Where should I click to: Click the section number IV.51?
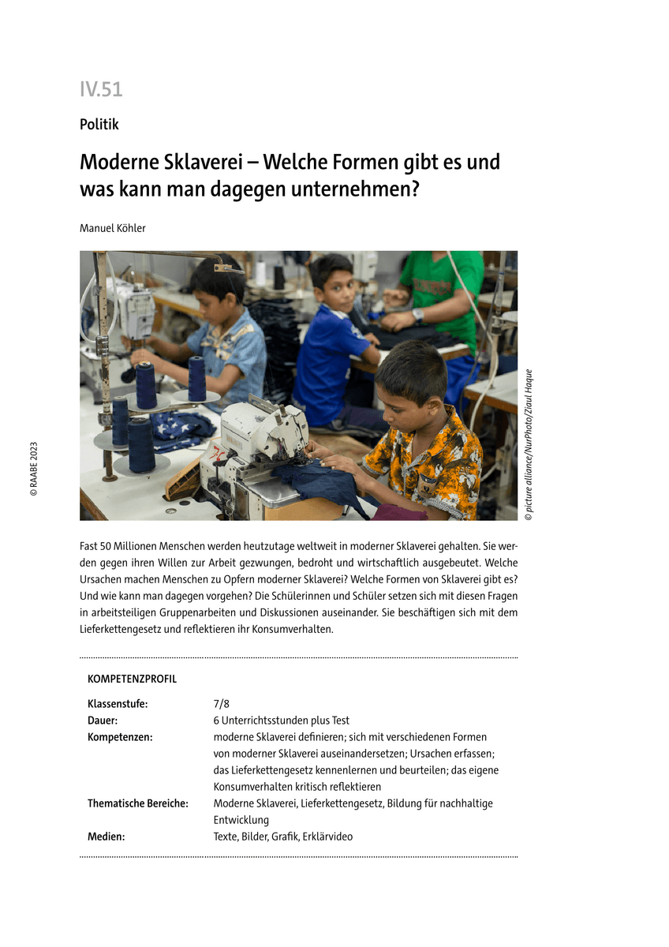[x=101, y=90]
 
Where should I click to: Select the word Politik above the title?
[x=99, y=124]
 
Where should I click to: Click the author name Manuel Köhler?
[x=113, y=228]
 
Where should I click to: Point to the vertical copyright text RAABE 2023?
[x=33, y=467]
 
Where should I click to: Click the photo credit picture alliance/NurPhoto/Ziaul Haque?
[x=529, y=444]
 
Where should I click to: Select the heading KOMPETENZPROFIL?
[x=132, y=679]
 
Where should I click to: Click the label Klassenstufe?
[x=118, y=703]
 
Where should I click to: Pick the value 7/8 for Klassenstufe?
[x=221, y=703]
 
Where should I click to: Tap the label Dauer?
[x=103, y=720]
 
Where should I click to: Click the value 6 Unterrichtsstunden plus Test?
[x=281, y=720]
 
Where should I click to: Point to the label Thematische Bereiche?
[x=138, y=803]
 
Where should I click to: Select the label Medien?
[x=106, y=837]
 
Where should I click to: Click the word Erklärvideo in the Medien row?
[x=327, y=837]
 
